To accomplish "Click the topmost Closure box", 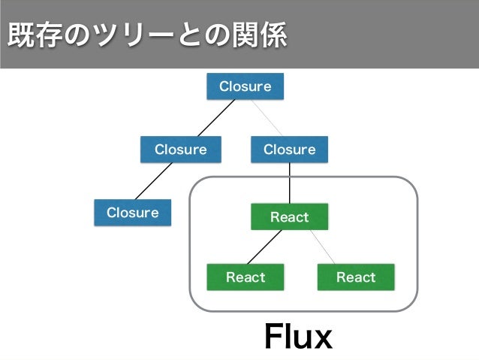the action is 245,86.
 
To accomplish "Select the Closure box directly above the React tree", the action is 289,150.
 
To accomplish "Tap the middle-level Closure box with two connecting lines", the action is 180,150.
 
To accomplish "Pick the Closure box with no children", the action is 133,213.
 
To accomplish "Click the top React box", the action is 289,216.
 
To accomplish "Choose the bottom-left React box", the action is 246,277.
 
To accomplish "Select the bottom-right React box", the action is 356,277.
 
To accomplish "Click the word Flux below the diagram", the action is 298,336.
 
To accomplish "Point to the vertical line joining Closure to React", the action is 289,183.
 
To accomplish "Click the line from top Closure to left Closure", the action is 216,118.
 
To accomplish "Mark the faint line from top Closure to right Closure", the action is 267,118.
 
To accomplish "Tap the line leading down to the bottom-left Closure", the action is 154,181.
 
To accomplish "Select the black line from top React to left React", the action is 264,247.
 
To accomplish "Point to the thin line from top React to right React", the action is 323,247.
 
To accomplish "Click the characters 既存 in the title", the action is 35,35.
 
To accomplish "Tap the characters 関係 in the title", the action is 260,35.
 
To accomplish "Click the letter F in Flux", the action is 273,336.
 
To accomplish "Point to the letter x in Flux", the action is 322,340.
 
